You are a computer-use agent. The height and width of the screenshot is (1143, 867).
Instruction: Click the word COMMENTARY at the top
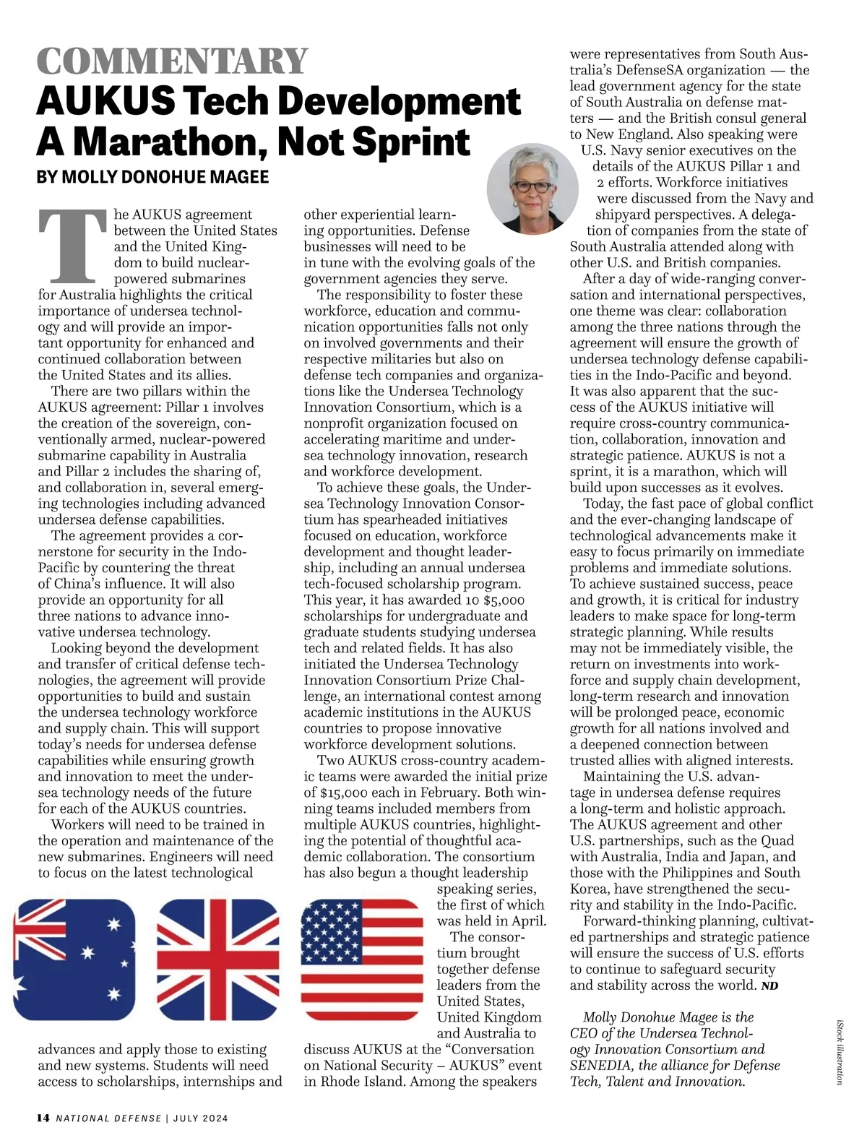point(172,61)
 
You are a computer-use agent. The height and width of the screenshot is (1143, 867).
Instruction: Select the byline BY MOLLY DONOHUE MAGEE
point(152,177)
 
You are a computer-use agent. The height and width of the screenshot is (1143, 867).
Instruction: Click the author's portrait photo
point(532,188)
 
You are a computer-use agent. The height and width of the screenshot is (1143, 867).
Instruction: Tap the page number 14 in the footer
point(43,1118)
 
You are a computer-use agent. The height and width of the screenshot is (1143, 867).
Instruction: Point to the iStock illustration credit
point(840,1051)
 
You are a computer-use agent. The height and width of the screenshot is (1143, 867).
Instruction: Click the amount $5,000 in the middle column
point(504,600)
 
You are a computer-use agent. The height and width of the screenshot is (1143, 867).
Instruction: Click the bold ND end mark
point(770,986)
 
